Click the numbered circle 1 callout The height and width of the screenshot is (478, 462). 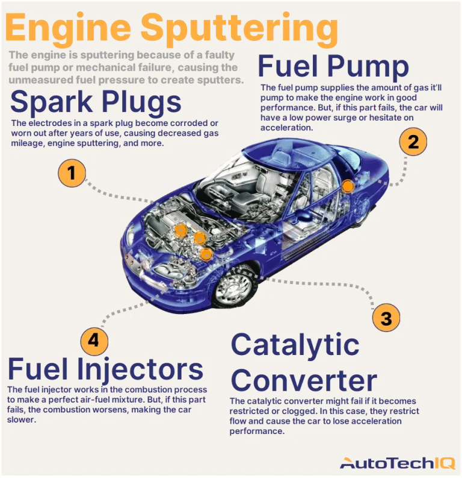[x=72, y=173]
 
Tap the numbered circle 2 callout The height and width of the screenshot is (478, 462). [x=413, y=142]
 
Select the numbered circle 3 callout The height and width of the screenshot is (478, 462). [x=386, y=318]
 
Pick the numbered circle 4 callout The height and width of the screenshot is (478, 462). [x=94, y=341]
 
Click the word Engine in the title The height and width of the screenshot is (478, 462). [x=68, y=28]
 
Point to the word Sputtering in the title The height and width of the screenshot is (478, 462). [x=239, y=29]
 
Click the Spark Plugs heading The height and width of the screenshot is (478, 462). [x=96, y=102]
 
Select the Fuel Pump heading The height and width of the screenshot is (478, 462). [x=333, y=67]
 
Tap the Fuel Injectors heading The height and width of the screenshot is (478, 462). [x=105, y=369]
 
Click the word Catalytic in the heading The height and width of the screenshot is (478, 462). [x=295, y=345]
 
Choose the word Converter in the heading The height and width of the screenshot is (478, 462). [x=304, y=380]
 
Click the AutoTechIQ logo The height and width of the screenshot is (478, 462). [x=398, y=463]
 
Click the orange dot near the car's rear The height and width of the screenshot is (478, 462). [x=348, y=186]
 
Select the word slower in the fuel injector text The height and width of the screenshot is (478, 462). [x=22, y=420]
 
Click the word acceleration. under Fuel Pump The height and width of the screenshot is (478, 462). [x=286, y=128]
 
